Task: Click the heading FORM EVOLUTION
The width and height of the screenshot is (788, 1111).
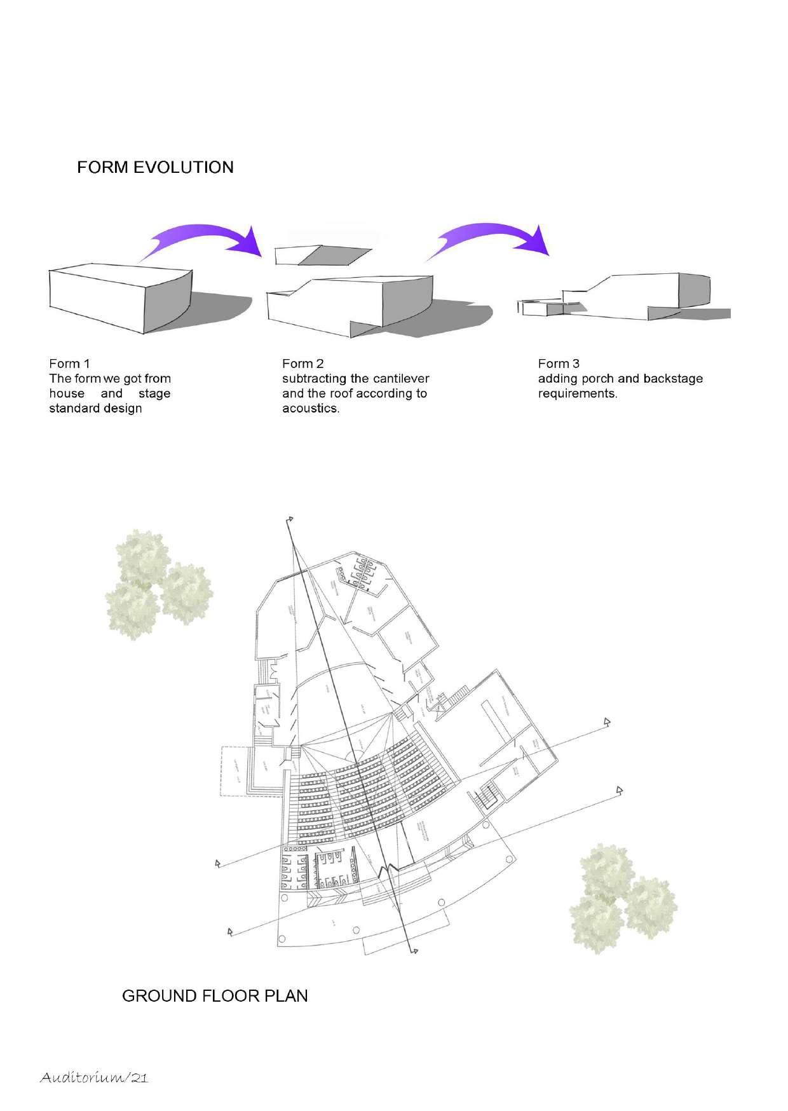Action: click(x=155, y=167)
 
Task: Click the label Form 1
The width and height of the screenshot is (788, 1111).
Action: click(x=69, y=364)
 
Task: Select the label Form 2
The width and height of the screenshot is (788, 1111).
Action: click(x=302, y=364)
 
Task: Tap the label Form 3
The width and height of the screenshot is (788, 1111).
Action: click(x=559, y=364)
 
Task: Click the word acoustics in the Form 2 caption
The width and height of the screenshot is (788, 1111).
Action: click(x=310, y=409)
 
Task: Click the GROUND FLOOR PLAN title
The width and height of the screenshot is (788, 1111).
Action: click(x=215, y=996)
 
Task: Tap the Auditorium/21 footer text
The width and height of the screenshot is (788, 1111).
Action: click(x=94, y=1077)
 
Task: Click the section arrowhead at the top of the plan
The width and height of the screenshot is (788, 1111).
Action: click(x=290, y=520)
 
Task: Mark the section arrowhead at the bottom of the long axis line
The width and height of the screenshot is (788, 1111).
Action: click(x=414, y=951)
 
